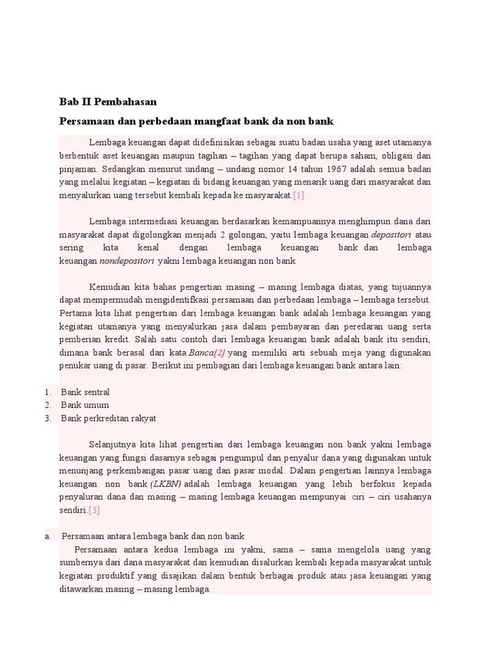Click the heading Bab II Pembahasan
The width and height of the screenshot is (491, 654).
coord(108,102)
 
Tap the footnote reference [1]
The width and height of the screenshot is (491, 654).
coord(298,195)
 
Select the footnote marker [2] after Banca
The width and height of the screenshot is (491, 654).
coord(220,353)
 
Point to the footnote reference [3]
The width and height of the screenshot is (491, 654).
coord(94,510)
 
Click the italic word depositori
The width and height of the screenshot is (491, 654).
coord(391,234)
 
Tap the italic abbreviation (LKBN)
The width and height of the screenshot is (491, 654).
coord(166,483)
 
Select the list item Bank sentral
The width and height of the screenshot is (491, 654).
coord(85,392)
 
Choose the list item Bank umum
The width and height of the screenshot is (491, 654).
coord(84,405)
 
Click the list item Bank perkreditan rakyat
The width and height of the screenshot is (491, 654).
coord(108,418)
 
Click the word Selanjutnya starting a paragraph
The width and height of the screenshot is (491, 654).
coord(116,444)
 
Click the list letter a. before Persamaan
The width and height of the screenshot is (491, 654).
coord(47,536)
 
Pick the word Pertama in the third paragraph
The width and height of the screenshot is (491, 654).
coord(75,313)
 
